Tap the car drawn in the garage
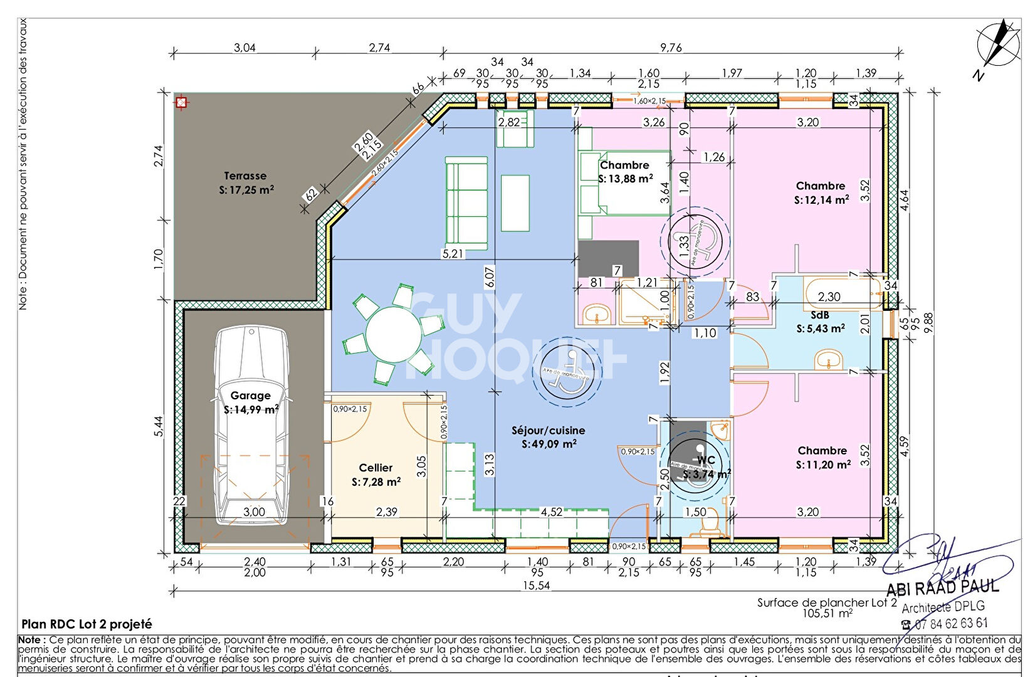pyautogui.click(x=251, y=426)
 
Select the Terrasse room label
pyautogui.click(x=245, y=176)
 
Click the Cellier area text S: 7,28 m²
pyautogui.click(x=376, y=482)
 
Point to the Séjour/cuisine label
pyautogui.click(x=549, y=431)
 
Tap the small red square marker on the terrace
pyautogui.click(x=181, y=102)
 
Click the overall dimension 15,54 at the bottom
pyautogui.click(x=537, y=585)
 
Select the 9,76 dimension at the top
pyautogui.click(x=671, y=48)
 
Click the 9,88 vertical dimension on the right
pyautogui.click(x=928, y=323)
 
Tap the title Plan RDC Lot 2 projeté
pyautogui.click(x=87, y=624)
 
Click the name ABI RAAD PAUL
pyautogui.click(x=942, y=588)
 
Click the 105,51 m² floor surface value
pyautogui.click(x=827, y=614)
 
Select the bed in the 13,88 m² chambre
pyautogui.click(x=624, y=183)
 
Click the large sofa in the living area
pyautogui.click(x=466, y=202)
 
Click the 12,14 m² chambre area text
pyautogui.click(x=821, y=200)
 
